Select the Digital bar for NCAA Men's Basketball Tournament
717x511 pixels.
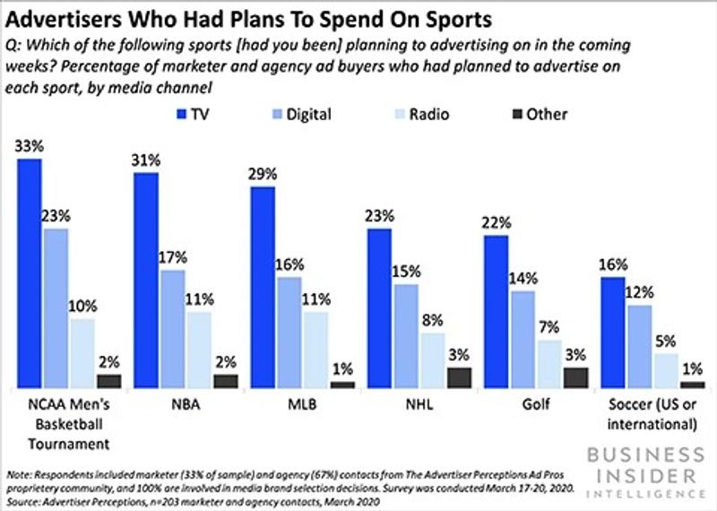(56, 308)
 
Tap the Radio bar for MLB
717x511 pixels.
(315, 350)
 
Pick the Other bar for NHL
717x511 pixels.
(458, 377)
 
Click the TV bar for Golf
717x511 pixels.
(497, 312)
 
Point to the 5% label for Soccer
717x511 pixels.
(666, 342)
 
